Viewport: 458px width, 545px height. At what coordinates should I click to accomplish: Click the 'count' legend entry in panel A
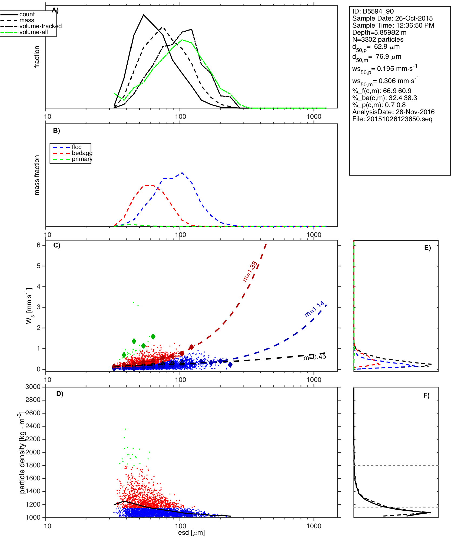(x=27, y=14)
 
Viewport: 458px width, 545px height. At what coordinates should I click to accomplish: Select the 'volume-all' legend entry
(x=33, y=32)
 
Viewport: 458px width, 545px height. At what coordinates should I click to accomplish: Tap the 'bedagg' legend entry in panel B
(x=82, y=153)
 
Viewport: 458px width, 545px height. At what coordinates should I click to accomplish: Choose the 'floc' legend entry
(x=77, y=147)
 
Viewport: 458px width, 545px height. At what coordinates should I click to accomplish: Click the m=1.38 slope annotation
(x=250, y=272)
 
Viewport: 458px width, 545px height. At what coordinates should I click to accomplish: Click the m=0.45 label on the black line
(x=314, y=357)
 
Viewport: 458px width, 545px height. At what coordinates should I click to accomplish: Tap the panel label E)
(x=427, y=248)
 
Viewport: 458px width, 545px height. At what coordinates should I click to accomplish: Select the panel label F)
(x=426, y=395)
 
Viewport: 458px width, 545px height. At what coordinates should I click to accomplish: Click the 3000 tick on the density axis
(x=33, y=387)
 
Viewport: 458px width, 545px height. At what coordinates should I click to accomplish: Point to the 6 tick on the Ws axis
(x=39, y=245)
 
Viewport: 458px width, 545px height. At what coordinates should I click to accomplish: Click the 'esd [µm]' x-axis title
(x=191, y=533)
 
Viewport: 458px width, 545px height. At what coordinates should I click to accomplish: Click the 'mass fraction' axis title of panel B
(x=37, y=175)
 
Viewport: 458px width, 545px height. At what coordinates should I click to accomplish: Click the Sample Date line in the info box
(x=392, y=18)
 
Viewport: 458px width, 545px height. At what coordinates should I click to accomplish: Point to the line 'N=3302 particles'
(x=378, y=39)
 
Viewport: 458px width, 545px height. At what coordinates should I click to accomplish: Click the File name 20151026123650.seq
(x=399, y=119)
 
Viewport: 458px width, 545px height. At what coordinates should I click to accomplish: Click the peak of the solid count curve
(x=144, y=15)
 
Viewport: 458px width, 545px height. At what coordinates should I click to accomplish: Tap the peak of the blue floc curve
(x=182, y=173)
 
